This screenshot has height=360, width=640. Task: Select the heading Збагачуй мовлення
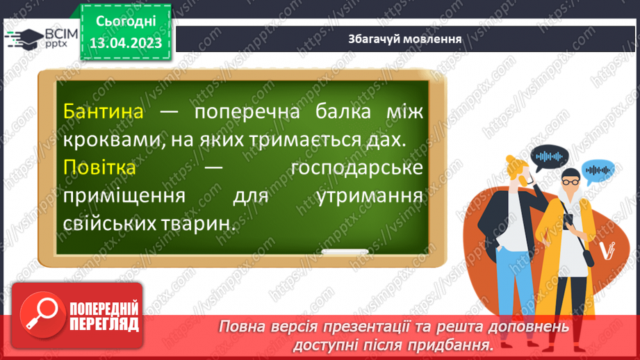[x=405, y=38]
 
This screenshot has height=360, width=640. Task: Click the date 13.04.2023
[x=125, y=42]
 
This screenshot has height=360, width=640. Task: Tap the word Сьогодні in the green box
[x=125, y=21]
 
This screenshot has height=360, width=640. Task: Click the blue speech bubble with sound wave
[x=598, y=169]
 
